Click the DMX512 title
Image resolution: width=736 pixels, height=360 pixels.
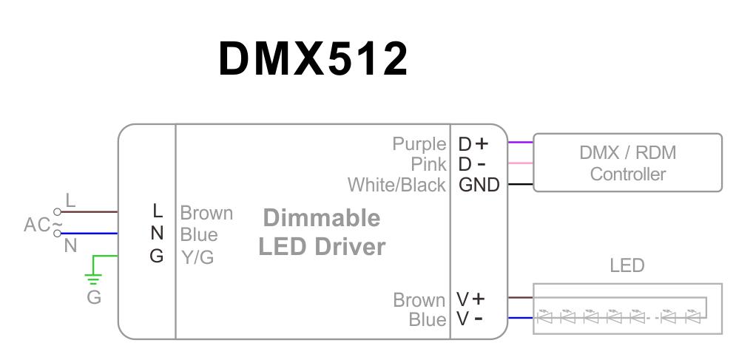pos(313,59)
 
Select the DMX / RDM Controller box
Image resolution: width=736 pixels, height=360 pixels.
pos(627,163)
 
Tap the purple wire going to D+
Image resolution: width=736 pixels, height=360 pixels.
pos(520,143)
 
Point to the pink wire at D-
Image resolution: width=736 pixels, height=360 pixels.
pos(520,163)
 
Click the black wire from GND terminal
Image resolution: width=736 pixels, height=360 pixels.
pos(520,184)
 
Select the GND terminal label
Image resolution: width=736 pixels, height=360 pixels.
pos(479,184)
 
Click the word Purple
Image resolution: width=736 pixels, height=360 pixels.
pos(419,143)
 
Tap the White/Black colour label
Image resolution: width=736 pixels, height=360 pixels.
pos(397,184)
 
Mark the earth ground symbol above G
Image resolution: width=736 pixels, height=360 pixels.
pos(93,279)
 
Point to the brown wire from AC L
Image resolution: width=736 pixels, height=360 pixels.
pos(89,211)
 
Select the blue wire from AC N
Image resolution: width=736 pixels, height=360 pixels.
pos(89,234)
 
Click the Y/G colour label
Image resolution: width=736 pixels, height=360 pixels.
pos(197,257)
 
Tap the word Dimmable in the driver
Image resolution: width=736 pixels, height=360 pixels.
pos(322,218)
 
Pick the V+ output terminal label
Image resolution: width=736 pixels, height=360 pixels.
pos(470,299)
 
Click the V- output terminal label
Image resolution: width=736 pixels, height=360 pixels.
pos(470,319)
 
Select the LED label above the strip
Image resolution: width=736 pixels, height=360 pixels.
pos(627,265)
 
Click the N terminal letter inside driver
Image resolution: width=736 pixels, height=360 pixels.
pos(156,234)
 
